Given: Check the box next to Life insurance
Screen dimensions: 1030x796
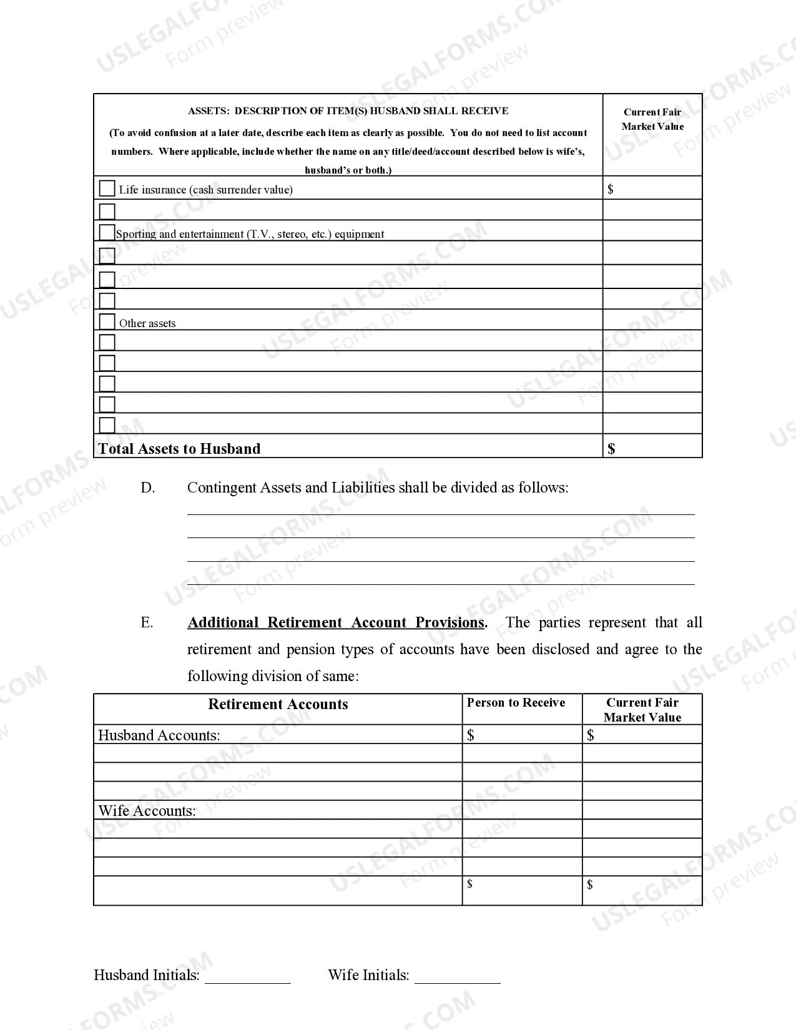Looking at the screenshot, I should tap(107, 188).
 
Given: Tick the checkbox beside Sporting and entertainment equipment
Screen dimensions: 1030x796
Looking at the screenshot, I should tap(107, 232).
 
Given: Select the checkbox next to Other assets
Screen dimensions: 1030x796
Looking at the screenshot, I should tap(107, 321).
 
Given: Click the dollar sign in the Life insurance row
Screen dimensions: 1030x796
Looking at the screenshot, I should tap(610, 189).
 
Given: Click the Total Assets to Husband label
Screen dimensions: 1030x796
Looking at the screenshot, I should tap(179, 448).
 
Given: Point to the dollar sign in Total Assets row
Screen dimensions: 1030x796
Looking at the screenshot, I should tap(611, 448).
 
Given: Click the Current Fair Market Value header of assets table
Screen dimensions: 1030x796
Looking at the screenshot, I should tap(652, 119).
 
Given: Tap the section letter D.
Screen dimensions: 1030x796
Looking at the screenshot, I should tap(147, 488).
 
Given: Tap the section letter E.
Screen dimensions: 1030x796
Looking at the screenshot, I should tap(147, 622).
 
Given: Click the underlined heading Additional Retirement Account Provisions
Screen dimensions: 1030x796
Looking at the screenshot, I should tap(336, 622).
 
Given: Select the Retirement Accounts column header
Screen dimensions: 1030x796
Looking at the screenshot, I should tap(278, 704).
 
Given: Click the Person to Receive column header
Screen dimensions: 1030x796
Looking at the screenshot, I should tap(516, 703).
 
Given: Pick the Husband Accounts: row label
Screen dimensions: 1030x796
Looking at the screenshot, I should tap(159, 735).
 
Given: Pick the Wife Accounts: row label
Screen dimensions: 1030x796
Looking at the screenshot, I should tap(147, 811).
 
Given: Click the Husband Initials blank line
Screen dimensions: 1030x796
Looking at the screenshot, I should tap(248, 978).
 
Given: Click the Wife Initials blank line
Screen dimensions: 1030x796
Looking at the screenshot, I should tap(458, 978).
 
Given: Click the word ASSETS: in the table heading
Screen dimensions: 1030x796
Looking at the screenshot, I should tap(208, 111).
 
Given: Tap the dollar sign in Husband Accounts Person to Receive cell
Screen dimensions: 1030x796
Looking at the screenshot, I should tap(471, 735).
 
